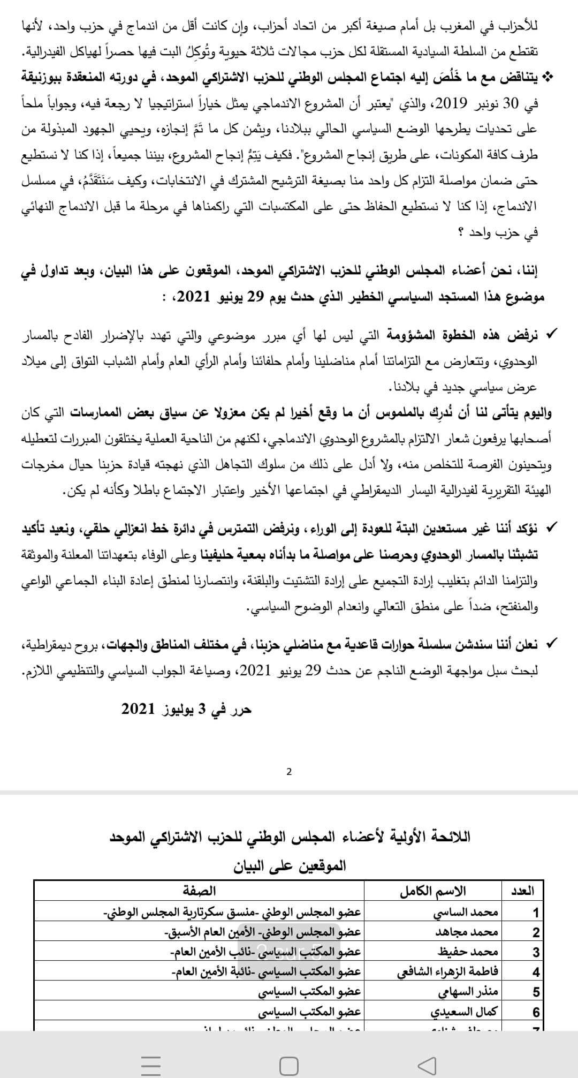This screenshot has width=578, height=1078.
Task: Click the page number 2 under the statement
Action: (x=289, y=772)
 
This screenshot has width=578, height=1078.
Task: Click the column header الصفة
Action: (x=200, y=891)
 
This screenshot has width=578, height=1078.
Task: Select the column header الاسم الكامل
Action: (x=433, y=891)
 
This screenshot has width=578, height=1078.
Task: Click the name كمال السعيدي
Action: (x=464, y=1012)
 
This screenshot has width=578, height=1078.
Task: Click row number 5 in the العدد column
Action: (x=536, y=992)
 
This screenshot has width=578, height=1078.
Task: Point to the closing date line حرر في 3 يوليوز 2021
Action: (x=186, y=710)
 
